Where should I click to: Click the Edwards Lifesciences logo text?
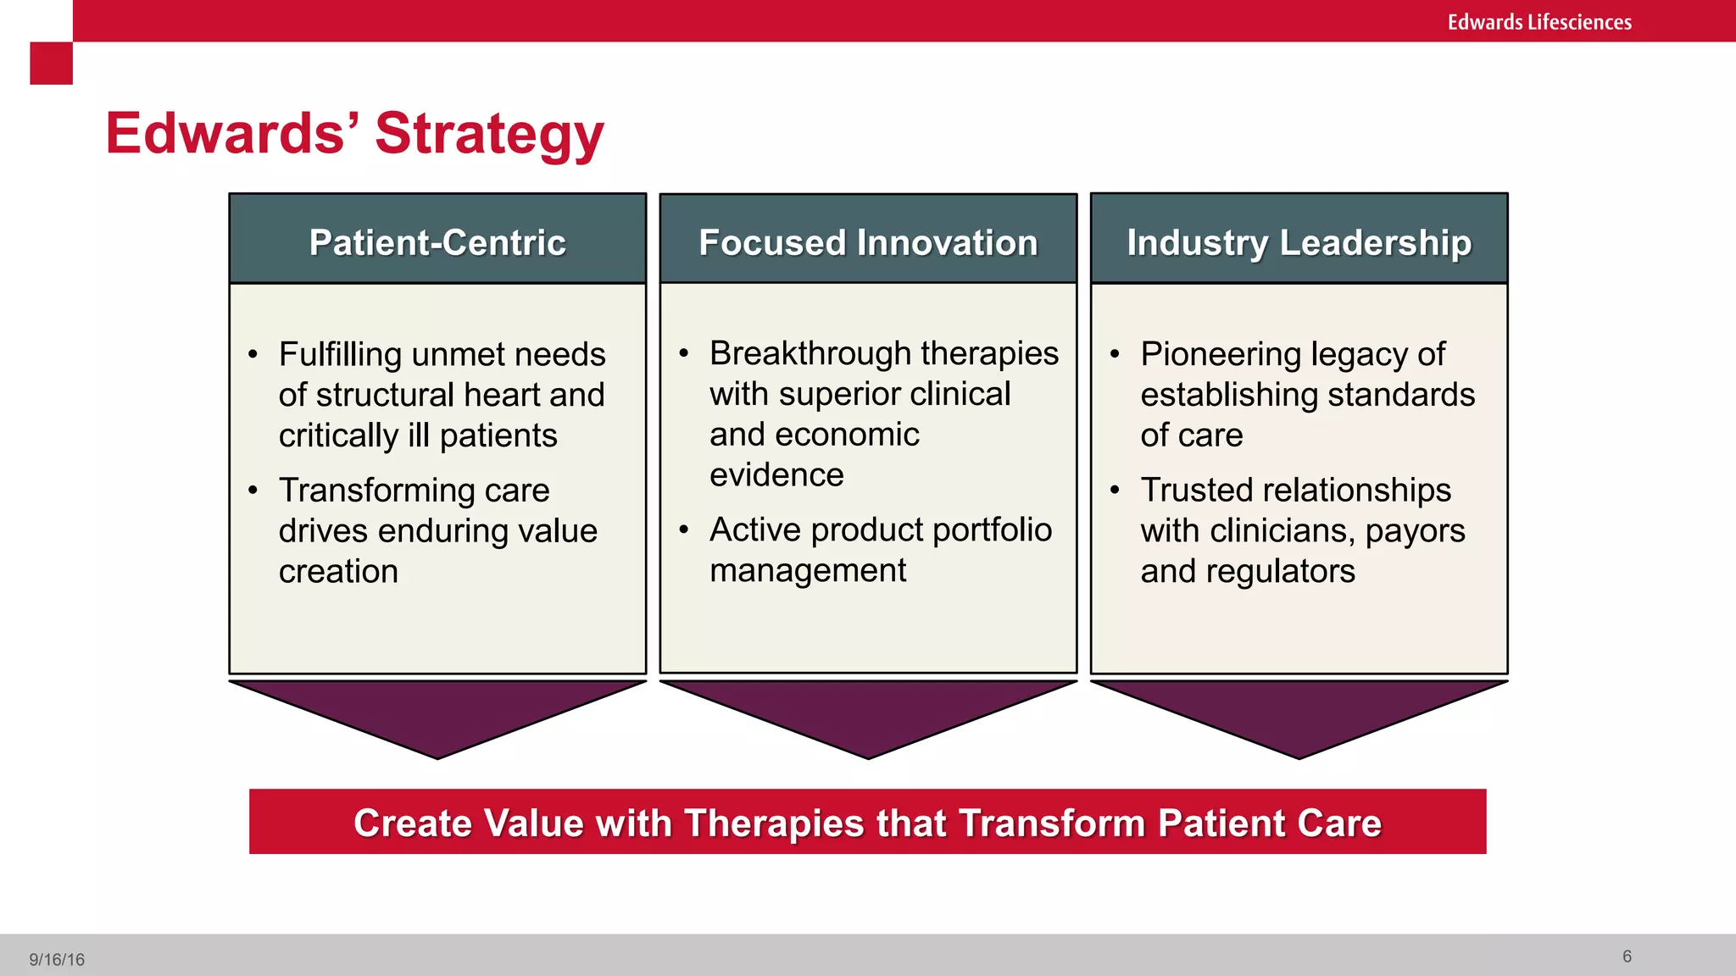coord(1538,22)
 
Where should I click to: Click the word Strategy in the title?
coord(489,134)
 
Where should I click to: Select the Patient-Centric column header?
coord(437,242)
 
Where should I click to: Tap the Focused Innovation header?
coord(868,242)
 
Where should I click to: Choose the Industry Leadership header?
coord(1299,242)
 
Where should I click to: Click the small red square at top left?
coord(51,64)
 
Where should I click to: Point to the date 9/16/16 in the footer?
coord(57,959)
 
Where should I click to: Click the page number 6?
coord(1627,957)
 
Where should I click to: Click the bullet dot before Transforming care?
coord(253,490)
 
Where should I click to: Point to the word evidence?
coord(776,475)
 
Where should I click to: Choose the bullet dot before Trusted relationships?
coord(1115,489)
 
